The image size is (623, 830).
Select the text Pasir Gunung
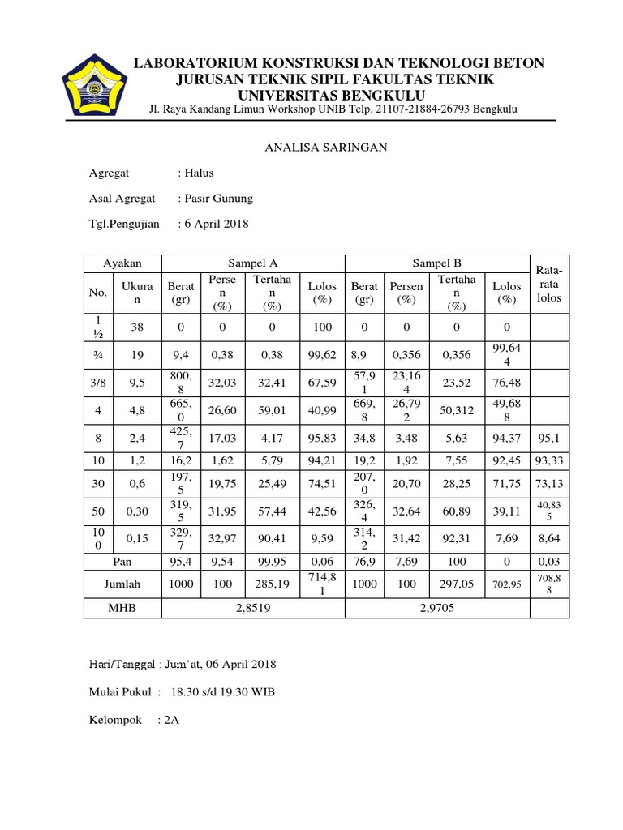218,198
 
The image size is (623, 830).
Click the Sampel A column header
254,264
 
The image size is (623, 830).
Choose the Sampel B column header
437,264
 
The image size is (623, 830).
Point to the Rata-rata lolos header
549,284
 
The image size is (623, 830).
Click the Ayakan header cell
122,264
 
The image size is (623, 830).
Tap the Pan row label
122,561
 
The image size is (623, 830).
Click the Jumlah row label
122,584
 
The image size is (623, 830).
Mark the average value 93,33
549,461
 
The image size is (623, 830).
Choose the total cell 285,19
272,584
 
